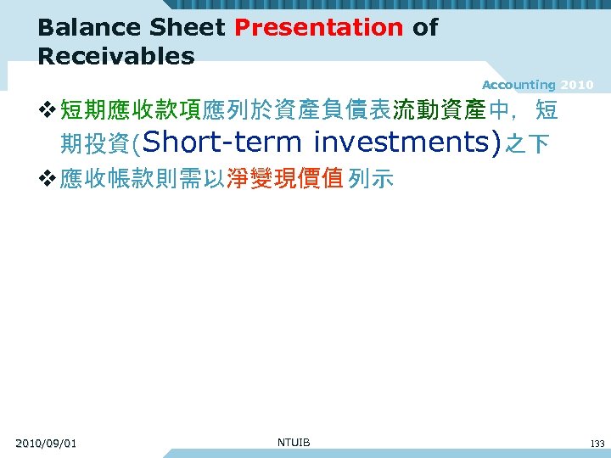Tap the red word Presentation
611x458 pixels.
click(318, 27)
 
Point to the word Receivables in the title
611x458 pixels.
click(116, 57)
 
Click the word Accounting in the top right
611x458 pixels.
click(518, 85)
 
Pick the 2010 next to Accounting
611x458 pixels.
click(577, 85)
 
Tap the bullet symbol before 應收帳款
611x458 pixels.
click(48, 179)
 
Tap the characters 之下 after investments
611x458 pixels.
click(527, 144)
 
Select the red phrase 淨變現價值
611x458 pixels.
click(284, 179)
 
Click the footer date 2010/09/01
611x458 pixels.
click(46, 444)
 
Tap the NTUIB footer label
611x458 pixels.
click(294, 442)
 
